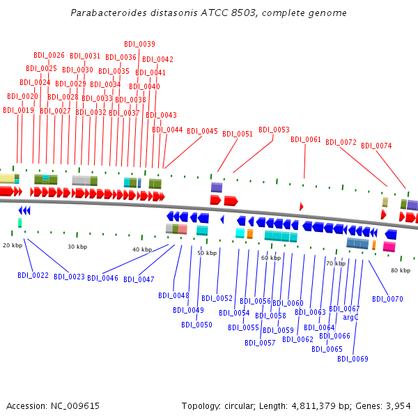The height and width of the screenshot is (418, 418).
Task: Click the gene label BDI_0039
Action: click(x=139, y=44)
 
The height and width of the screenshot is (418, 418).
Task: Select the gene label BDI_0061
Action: click(x=306, y=139)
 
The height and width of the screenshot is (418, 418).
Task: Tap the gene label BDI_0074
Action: click(x=376, y=146)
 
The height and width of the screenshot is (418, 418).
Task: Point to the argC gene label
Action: click(x=350, y=317)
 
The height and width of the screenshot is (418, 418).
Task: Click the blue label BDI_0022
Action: click(x=33, y=276)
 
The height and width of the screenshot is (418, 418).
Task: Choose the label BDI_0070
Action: click(x=387, y=299)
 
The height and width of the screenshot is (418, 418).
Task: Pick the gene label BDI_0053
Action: click(x=274, y=130)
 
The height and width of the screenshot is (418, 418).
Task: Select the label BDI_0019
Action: click(x=18, y=110)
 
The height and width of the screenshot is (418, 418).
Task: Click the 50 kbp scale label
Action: click(x=206, y=253)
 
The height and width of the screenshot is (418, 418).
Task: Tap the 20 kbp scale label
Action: click(x=13, y=245)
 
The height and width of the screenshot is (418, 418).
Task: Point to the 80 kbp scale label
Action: click(x=400, y=270)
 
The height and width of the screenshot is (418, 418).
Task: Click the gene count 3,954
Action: click(x=398, y=405)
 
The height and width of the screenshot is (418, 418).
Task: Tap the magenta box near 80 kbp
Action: click(x=389, y=247)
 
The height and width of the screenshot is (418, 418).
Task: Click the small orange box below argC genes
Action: click(x=374, y=245)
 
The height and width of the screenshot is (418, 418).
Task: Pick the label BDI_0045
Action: click(x=202, y=131)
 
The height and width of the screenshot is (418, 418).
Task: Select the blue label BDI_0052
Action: click(x=217, y=298)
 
